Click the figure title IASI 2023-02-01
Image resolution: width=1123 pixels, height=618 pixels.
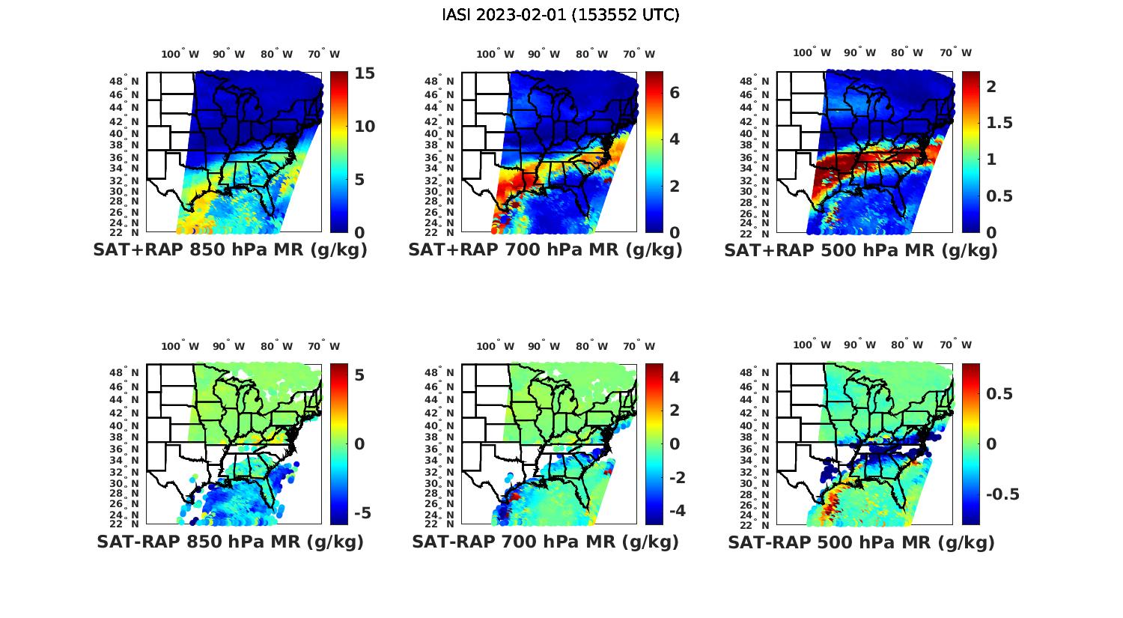pos(561,15)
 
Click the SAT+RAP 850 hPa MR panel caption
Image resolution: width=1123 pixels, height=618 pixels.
pos(230,250)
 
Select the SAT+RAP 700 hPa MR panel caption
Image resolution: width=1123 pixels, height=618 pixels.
pos(545,250)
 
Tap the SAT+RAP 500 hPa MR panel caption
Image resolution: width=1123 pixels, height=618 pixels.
pos(861,250)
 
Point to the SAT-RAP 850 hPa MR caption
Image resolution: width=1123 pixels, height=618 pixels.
pos(230,542)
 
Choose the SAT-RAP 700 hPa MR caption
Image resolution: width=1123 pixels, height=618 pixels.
pos(545,542)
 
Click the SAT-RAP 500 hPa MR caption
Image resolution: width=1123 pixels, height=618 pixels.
pos(861,542)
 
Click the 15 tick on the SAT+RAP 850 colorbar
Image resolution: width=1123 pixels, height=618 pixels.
pos(365,73)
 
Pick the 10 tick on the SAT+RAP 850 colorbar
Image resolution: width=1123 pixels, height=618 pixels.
pos(365,127)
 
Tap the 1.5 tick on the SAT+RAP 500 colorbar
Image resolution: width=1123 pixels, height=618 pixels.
pos(997,123)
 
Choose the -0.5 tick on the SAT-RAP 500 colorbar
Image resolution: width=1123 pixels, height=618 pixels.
pos(1002,494)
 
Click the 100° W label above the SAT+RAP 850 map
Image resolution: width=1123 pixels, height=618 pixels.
pos(180,54)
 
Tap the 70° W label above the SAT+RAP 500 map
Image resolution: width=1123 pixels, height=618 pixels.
pos(955,52)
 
